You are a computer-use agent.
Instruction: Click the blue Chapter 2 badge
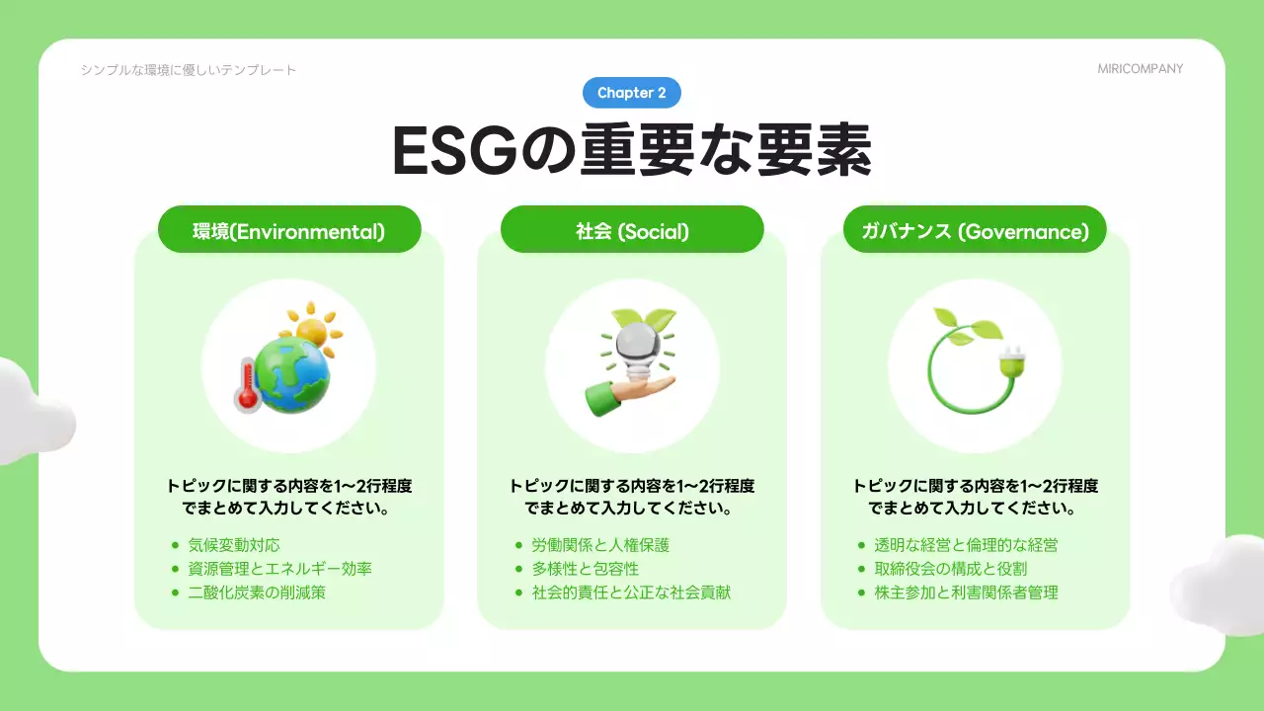click(632, 93)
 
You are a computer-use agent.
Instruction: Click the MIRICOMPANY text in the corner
click(1140, 69)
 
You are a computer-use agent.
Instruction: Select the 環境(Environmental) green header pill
click(289, 231)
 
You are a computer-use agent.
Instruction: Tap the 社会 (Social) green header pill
click(632, 231)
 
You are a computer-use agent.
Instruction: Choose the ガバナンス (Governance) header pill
click(975, 231)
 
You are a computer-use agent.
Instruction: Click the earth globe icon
click(291, 375)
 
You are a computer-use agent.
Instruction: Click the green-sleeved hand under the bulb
click(617, 393)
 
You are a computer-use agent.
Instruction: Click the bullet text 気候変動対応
click(234, 545)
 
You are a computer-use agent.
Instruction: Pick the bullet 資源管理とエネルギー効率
click(279, 569)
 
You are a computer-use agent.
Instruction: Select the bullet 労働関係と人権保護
click(600, 545)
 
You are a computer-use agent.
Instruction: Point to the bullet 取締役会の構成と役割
click(950, 569)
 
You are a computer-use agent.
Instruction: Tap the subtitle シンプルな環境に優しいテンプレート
click(189, 69)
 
